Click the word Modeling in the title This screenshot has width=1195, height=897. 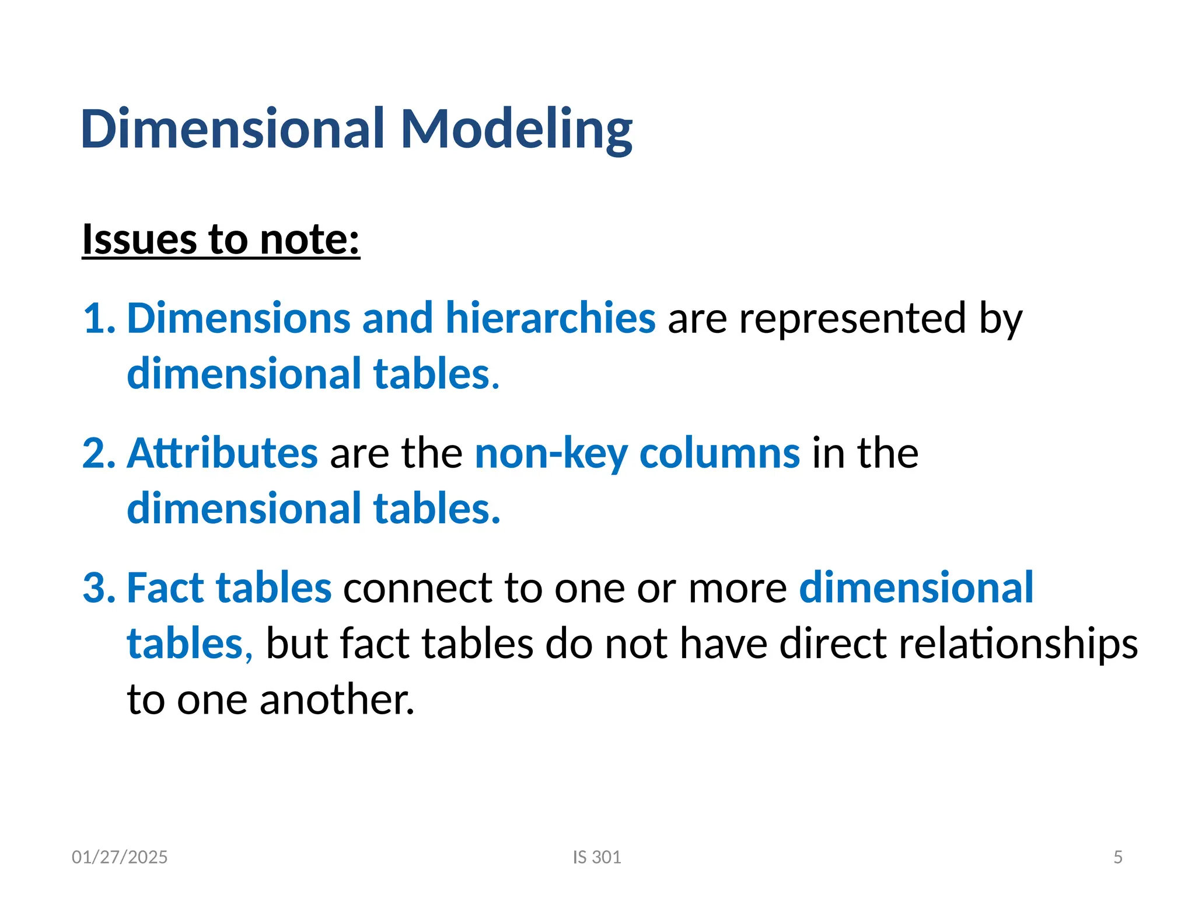(x=516, y=130)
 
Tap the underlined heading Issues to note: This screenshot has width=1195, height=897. (x=221, y=239)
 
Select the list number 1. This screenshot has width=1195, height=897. (x=99, y=319)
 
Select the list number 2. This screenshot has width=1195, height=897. (x=99, y=453)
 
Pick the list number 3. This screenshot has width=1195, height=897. (x=99, y=588)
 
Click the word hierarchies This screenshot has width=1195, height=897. (x=550, y=319)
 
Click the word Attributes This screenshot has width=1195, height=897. (x=222, y=453)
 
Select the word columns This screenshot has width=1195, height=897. (x=719, y=453)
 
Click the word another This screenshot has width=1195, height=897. (x=337, y=700)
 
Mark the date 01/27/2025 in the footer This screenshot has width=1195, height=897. (x=120, y=857)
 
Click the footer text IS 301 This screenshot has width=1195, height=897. (x=597, y=857)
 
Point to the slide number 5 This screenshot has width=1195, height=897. (x=1118, y=857)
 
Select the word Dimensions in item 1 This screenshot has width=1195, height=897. (x=238, y=319)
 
